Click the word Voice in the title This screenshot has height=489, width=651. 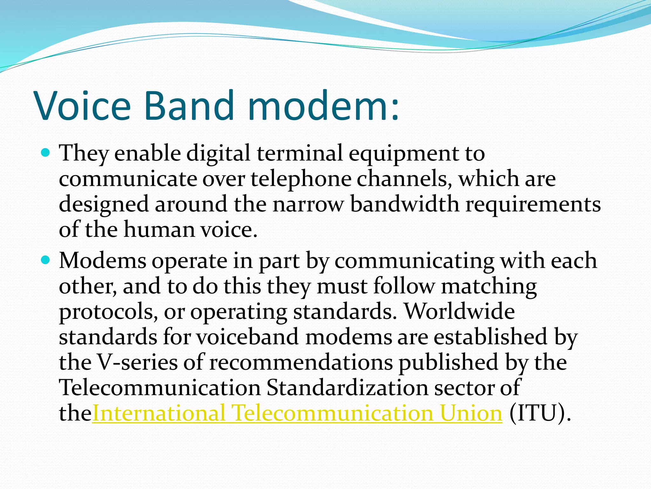click(x=83, y=106)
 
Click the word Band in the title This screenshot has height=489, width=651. click(x=189, y=106)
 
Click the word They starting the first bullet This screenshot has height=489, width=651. click(x=84, y=153)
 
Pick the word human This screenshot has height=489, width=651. click(x=159, y=230)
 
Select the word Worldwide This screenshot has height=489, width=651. click(x=459, y=311)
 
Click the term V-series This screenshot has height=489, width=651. click(x=137, y=363)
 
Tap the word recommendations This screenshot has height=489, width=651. click(x=301, y=363)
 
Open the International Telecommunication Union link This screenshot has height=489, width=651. click(x=297, y=414)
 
